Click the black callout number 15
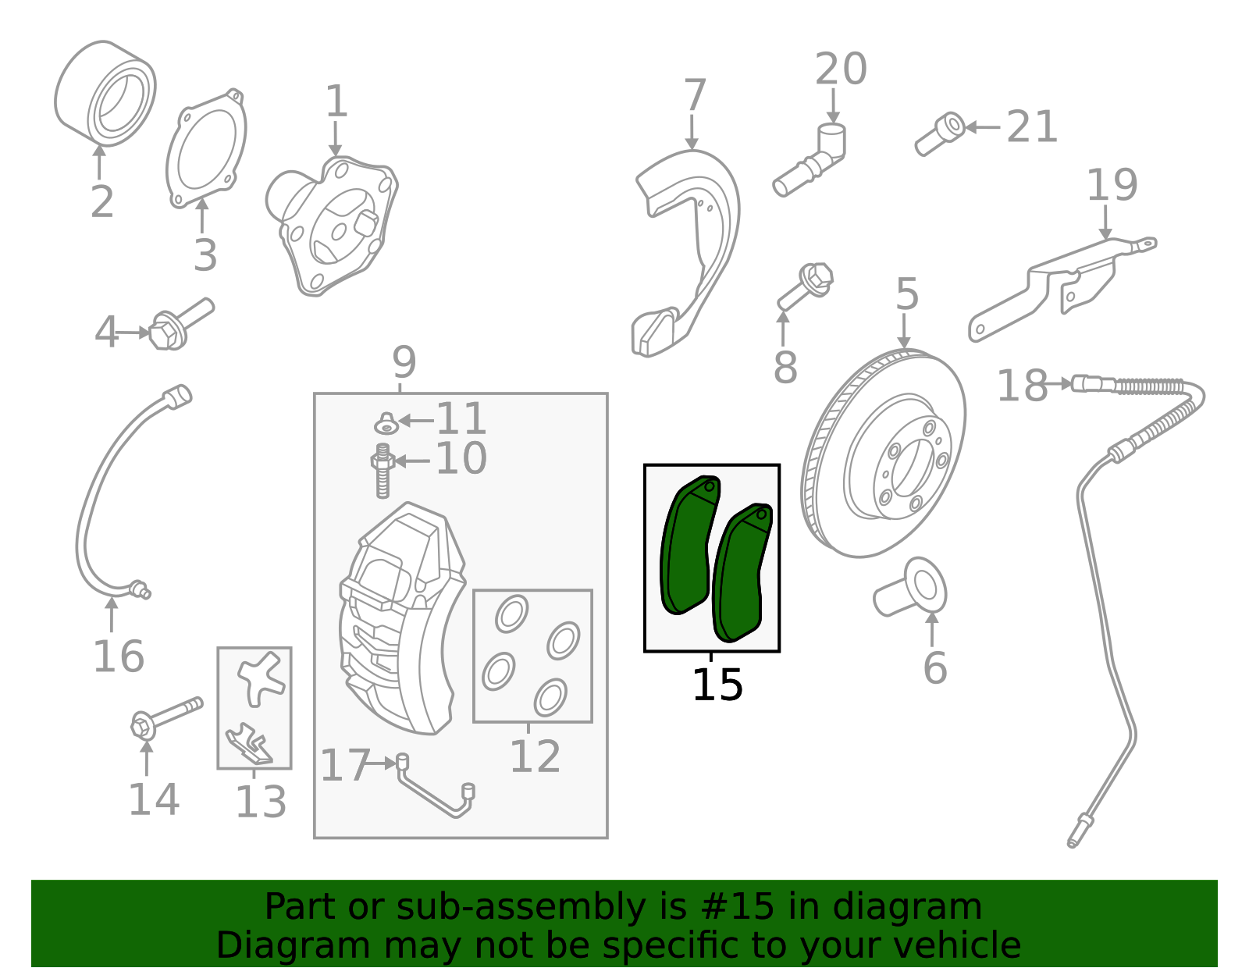click(x=717, y=685)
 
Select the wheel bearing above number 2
click(x=105, y=93)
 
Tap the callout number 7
click(x=694, y=94)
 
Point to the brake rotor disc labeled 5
click(x=883, y=453)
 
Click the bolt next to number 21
click(x=940, y=133)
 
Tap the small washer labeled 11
click(x=387, y=424)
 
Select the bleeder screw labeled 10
click(x=383, y=471)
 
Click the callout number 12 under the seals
click(x=535, y=756)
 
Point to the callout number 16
click(x=119, y=657)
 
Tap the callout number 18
click(x=1023, y=386)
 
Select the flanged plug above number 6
click(x=910, y=587)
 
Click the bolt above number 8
click(x=805, y=287)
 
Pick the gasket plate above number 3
click(x=206, y=148)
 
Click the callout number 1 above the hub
click(x=336, y=101)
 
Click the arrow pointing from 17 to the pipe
click(x=381, y=763)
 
